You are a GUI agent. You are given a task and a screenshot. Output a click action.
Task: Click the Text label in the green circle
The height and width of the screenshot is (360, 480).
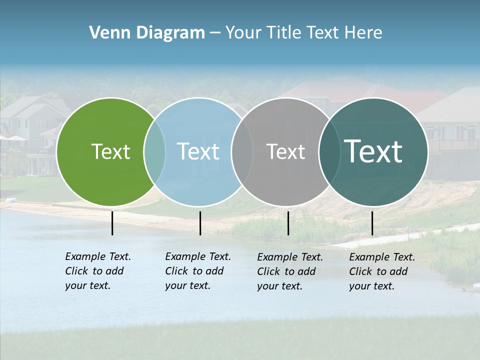coord(110,151)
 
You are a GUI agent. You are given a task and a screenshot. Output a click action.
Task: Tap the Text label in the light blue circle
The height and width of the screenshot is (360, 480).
coord(198,151)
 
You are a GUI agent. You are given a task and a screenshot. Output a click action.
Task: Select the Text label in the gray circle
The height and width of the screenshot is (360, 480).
coord(285,151)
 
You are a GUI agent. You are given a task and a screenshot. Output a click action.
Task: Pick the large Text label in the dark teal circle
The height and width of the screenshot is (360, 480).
coord(373,151)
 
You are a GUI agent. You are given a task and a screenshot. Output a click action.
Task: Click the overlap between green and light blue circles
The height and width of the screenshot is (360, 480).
coord(154,151)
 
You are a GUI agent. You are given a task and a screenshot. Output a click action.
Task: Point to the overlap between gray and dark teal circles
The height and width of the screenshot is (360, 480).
coord(329,151)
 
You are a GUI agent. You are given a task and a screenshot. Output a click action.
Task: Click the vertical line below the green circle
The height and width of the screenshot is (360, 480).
coord(112,223)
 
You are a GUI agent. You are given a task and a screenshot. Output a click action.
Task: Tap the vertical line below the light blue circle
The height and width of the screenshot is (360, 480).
coord(200,223)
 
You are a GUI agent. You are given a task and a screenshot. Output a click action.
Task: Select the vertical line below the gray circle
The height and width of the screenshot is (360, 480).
coord(288,223)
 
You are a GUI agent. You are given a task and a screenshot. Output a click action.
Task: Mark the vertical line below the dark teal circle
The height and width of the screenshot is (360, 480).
coord(372,223)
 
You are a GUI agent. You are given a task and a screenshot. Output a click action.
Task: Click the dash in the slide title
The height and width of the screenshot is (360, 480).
coord(215,33)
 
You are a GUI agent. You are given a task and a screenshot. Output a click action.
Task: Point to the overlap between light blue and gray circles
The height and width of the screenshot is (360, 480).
coord(242,151)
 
